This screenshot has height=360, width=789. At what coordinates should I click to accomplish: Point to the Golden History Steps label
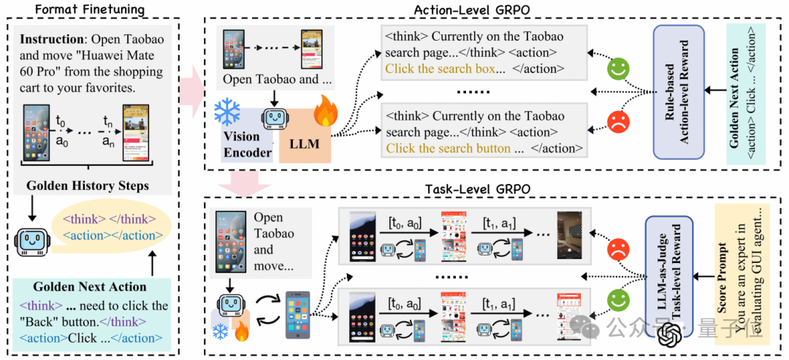pos(88,185)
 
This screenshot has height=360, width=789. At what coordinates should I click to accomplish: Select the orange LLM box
pos(304,143)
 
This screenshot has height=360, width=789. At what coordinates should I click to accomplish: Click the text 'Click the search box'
pos(441,69)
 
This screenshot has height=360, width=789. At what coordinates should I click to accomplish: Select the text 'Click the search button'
pos(448,148)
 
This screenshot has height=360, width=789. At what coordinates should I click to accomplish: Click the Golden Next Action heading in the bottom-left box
pos(89,287)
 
